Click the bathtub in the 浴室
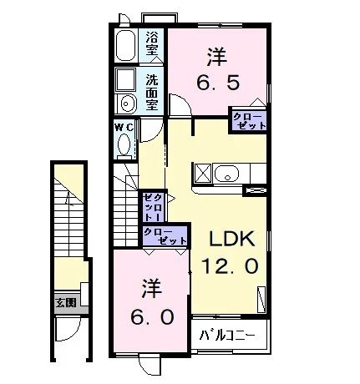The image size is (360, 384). tap(125, 45)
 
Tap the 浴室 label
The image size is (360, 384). tap(152, 43)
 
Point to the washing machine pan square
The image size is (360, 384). tap(126, 79)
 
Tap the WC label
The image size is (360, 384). tap(124, 128)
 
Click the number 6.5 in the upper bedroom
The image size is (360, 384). tap(218, 83)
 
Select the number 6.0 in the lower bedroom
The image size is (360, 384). tap(153, 317)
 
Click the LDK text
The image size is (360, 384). tap(232, 239)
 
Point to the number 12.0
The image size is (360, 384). tap(230, 265)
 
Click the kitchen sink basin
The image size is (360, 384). tap(226, 174)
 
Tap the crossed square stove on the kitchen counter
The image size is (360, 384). tap(203, 174)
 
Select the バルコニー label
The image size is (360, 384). tap(227, 336)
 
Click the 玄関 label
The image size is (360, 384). tap(66, 303)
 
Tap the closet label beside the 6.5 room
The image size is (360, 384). tap(249, 121)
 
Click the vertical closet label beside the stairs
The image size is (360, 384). tap(153, 206)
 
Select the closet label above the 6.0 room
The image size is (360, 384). tap(165, 235)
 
